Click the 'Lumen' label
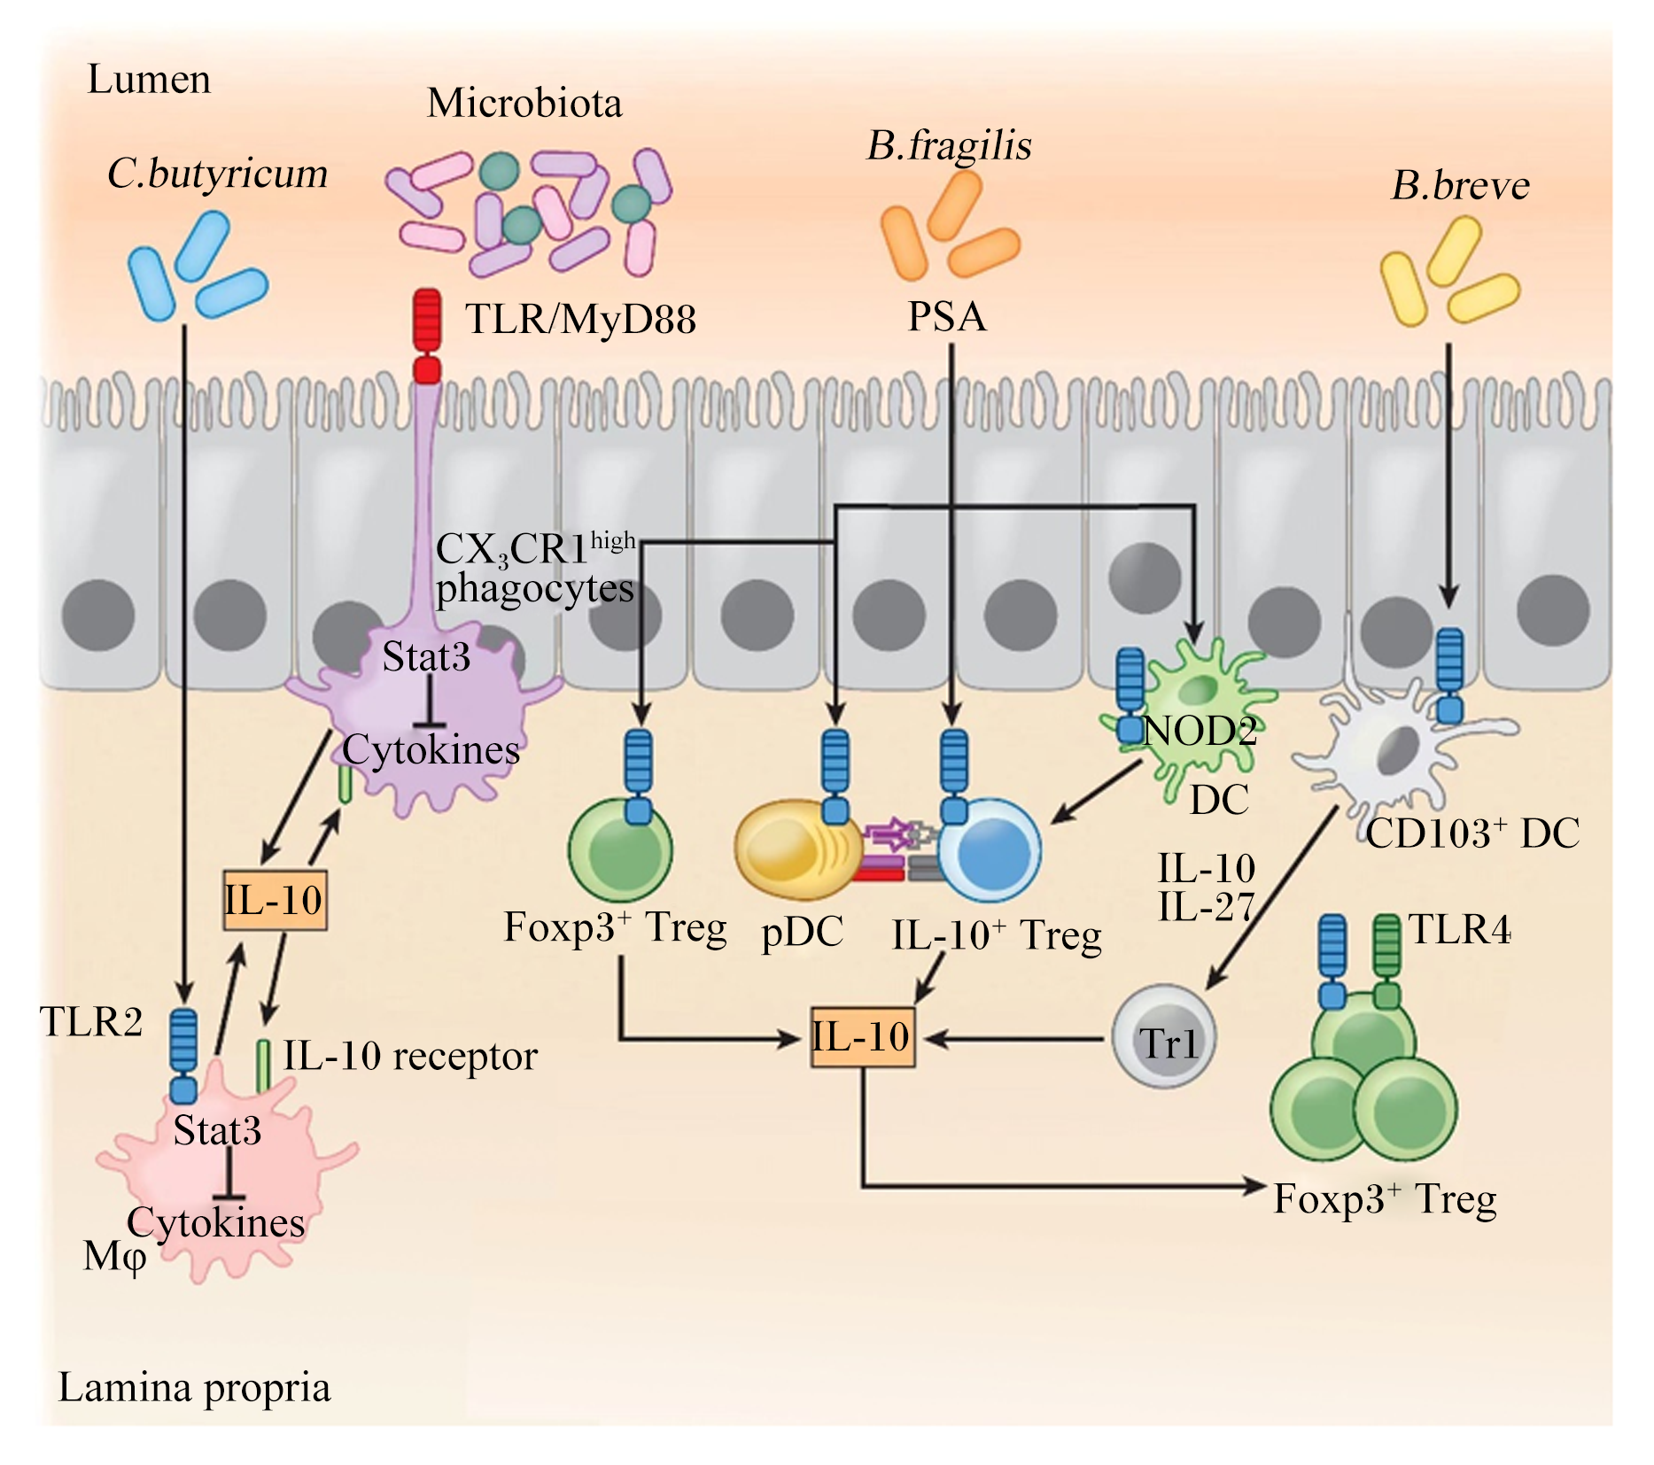pyautogui.click(x=149, y=80)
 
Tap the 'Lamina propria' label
pyautogui.click(x=194, y=1389)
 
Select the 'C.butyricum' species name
pyautogui.click(x=217, y=174)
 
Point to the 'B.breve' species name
pyautogui.click(x=1460, y=185)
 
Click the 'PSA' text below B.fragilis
pyautogui.click(x=947, y=316)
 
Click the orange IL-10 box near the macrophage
pyautogui.click(x=275, y=900)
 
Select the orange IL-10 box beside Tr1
pyautogui.click(x=862, y=1036)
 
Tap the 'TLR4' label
pyautogui.click(x=1459, y=929)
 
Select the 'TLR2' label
pyautogui.click(x=91, y=1021)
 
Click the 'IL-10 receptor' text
pyautogui.click(x=410, y=1055)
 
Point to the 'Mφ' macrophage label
pyautogui.click(x=114, y=1256)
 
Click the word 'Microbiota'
pyautogui.click(x=524, y=103)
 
